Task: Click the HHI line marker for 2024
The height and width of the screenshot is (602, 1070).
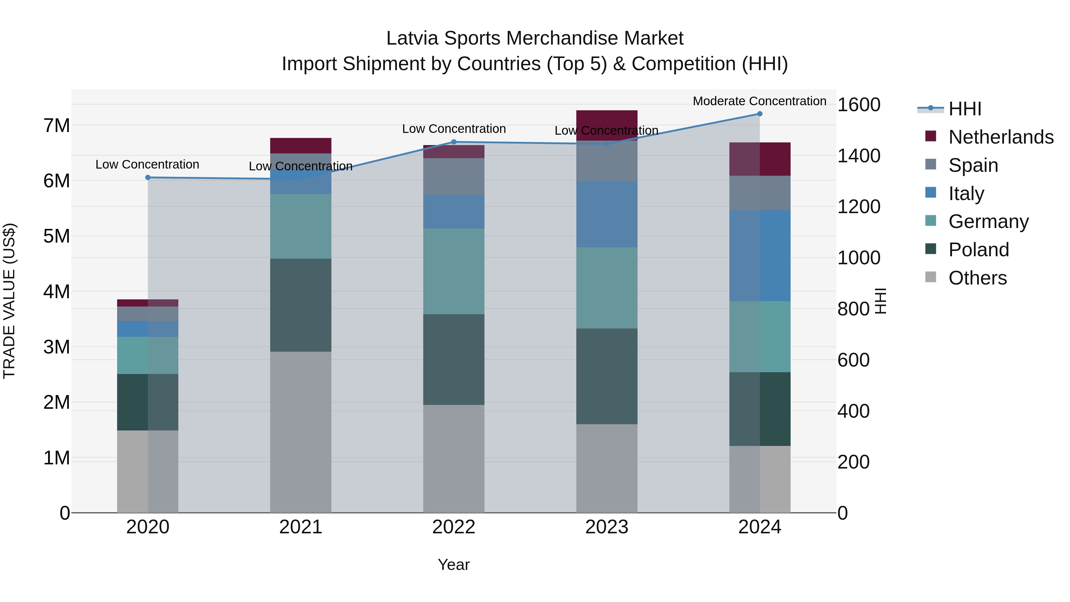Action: point(760,114)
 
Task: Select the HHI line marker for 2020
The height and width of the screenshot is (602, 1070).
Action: point(148,177)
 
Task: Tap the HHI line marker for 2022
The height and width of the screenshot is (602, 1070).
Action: point(454,142)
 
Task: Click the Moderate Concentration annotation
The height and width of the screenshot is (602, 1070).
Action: point(759,101)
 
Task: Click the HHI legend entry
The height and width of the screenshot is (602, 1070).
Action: point(964,109)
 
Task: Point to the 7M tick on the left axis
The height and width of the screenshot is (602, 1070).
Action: point(57,125)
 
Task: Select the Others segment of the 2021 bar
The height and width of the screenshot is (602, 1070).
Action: point(301,432)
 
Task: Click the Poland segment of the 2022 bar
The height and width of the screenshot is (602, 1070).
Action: point(454,359)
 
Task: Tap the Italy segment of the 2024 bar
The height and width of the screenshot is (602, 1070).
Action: point(760,255)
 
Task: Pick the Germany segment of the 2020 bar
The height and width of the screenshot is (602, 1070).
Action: point(148,355)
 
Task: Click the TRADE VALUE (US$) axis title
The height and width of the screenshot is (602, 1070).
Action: point(10,301)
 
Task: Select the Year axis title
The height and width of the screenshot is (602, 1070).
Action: point(454,565)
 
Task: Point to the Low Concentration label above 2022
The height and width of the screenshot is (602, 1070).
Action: point(454,129)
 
